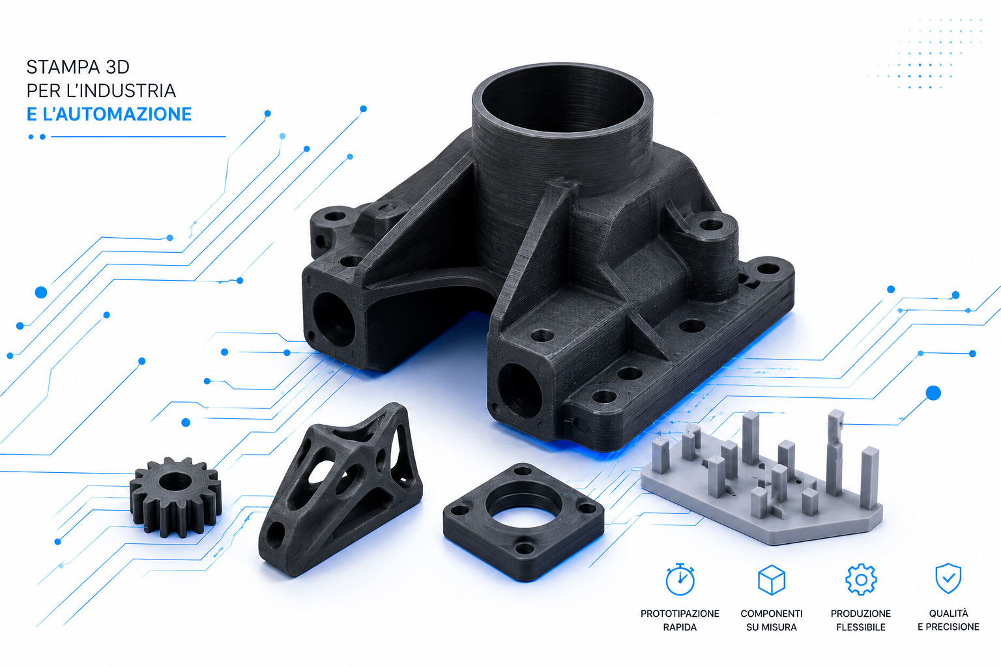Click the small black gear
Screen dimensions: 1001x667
(175, 496)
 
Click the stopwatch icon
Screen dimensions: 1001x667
(680, 579)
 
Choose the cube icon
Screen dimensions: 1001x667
(772, 580)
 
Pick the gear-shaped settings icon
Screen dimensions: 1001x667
(861, 580)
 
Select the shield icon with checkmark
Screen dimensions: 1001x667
(948, 578)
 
